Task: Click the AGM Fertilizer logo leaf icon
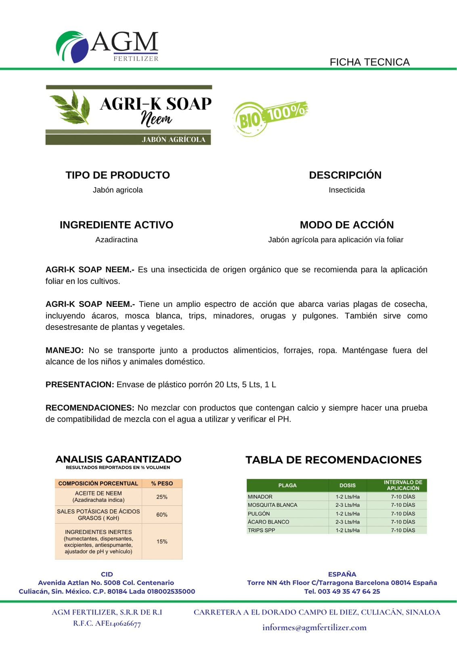(72, 46)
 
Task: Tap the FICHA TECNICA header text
(369, 62)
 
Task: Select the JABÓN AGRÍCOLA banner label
(174, 140)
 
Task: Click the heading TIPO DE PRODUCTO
(117, 175)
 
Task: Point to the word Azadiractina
(116, 240)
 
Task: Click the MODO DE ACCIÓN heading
(346, 225)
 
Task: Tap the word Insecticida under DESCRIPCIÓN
(346, 190)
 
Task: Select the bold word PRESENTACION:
(80, 385)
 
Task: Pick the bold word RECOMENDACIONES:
(90, 408)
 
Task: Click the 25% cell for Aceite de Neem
(162, 497)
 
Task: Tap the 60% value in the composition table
(162, 515)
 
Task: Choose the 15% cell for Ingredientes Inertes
(162, 541)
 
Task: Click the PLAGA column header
(287, 485)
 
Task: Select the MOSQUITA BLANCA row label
(273, 505)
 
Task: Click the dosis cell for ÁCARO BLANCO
(347, 522)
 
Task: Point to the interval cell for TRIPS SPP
(402, 530)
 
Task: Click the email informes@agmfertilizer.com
(314, 627)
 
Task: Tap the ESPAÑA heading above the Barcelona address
(342, 574)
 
